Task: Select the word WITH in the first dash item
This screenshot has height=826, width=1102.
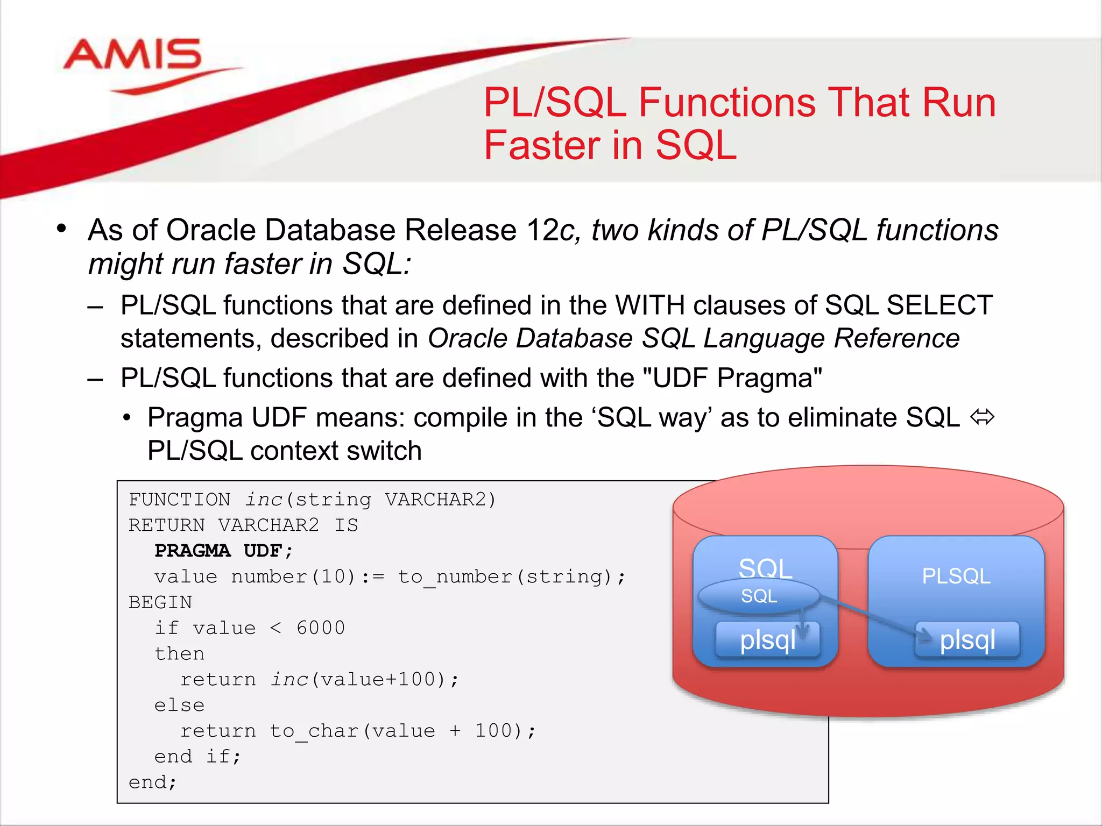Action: [649, 305]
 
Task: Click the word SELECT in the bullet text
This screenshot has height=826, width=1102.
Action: [939, 305]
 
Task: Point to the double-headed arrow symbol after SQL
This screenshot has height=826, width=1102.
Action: [982, 417]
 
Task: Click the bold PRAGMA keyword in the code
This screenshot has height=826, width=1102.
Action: [192, 551]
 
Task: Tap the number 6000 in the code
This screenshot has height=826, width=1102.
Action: [321, 628]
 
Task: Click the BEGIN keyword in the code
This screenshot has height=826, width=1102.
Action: [160, 602]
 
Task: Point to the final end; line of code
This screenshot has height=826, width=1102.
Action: [153, 782]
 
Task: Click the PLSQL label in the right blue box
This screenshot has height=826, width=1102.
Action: [956, 576]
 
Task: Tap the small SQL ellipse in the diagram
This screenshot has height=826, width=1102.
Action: [759, 596]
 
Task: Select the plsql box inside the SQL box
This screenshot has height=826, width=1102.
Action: [767, 640]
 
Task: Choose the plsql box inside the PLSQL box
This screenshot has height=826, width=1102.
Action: [967, 640]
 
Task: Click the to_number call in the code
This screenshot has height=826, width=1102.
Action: [455, 577]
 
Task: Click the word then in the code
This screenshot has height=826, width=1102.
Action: [179, 654]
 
